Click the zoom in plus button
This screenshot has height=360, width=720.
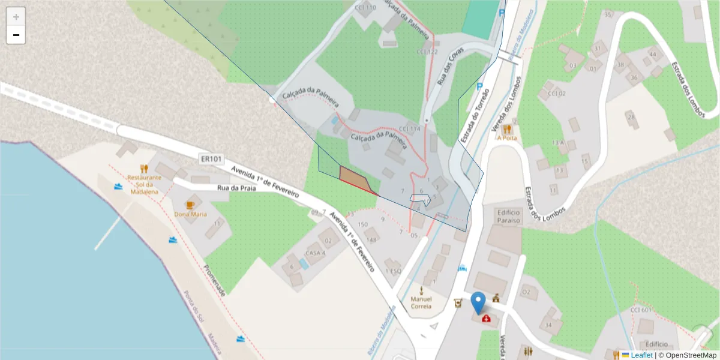(16, 17)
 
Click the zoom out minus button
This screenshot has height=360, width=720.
(16, 35)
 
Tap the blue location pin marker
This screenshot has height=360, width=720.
(478, 302)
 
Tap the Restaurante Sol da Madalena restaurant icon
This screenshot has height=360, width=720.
(144, 169)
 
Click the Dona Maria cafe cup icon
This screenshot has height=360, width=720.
(190, 205)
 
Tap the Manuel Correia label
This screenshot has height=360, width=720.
(421, 302)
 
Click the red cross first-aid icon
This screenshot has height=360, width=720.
(486, 318)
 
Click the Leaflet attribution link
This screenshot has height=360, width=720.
(641, 355)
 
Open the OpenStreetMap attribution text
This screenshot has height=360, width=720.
(687, 355)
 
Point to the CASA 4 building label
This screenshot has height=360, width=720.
(315, 253)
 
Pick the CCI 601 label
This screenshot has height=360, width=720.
(641, 310)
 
